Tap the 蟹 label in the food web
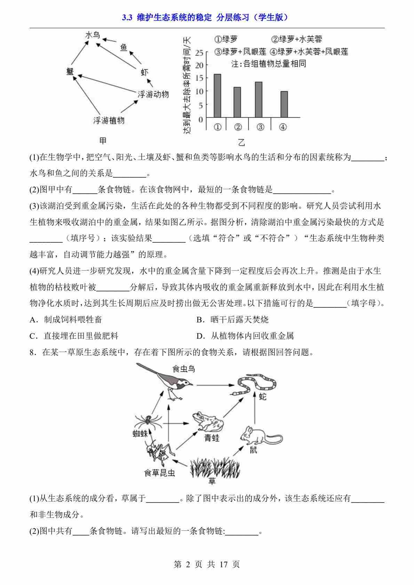70,72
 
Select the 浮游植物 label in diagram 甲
109,121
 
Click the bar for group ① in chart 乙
217,96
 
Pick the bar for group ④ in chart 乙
284,104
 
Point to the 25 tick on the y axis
199,53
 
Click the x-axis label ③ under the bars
260,127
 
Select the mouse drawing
259,435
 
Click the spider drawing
146,421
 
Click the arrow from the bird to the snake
215,385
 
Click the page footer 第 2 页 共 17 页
207,564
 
